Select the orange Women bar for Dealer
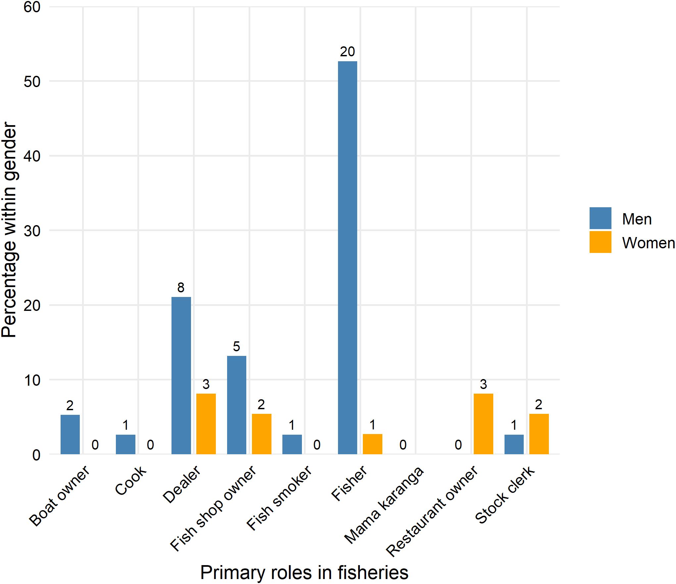206,424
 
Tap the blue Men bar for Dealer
181,375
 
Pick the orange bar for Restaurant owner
483,424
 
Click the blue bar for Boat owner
70,434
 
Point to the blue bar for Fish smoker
292,444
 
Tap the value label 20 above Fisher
347,52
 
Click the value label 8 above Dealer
181,287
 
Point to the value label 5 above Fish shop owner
236,347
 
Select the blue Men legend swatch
600,218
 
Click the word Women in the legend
648,243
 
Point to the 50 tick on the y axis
32,81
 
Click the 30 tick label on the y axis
32,231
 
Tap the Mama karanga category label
384,505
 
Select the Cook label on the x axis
131,480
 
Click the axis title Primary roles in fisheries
304,572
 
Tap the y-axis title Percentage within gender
9,230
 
